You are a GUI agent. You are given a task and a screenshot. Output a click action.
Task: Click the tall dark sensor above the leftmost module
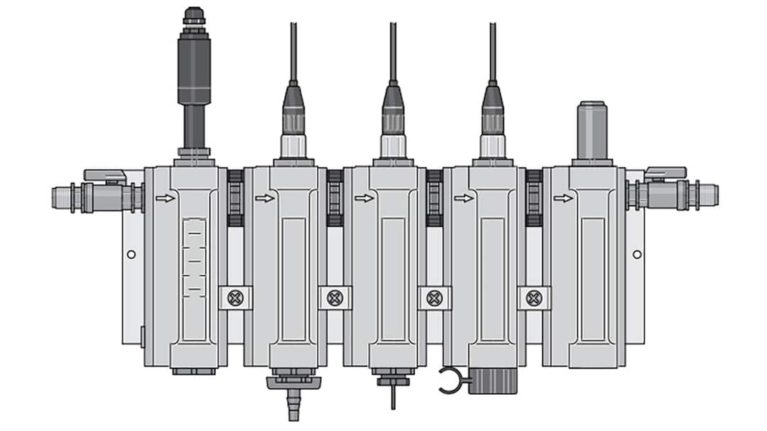coord(194,78)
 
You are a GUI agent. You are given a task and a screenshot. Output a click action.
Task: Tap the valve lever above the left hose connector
coord(104,175)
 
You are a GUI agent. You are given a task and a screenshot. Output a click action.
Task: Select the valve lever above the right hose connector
coord(665,173)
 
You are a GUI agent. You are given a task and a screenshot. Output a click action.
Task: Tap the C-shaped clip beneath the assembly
coord(449,380)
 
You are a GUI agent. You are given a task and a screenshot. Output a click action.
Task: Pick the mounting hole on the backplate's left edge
coord(131,253)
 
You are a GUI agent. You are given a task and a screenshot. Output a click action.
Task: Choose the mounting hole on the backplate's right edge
coord(637,253)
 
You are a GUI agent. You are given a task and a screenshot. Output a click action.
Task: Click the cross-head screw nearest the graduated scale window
coord(236,297)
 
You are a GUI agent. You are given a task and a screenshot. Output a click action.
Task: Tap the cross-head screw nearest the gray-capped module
coord(534,297)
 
